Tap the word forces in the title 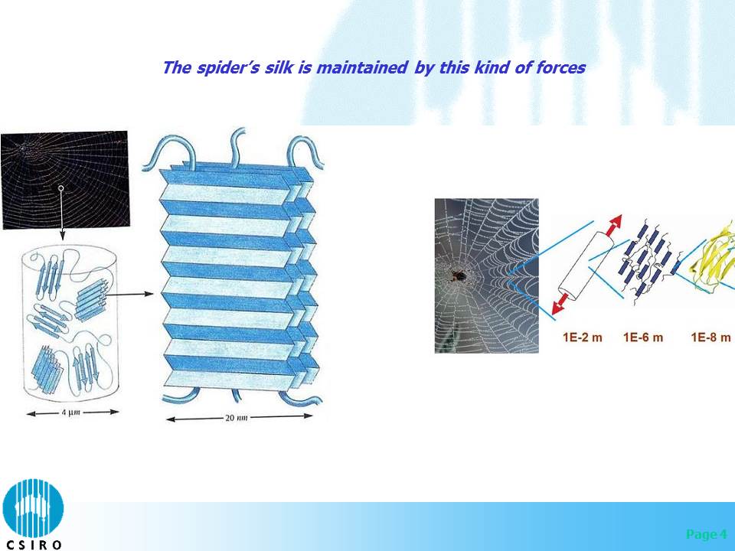560,67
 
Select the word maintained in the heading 362,67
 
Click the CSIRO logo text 32,545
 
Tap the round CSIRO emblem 33,508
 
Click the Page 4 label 707,534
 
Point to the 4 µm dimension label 70,412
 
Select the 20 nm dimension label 237,418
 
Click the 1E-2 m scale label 582,337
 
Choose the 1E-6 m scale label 643,337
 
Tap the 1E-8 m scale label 710,337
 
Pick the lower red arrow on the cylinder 561,303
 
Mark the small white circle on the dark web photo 61,188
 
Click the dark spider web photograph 64,180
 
